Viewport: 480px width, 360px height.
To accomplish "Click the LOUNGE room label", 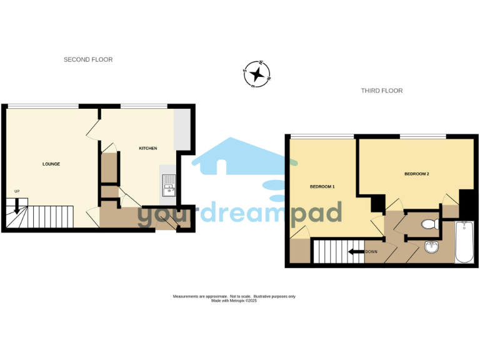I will pos(51,164).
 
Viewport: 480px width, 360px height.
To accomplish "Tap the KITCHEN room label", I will pos(147,148).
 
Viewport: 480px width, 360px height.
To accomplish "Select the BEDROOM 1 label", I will pos(323,187).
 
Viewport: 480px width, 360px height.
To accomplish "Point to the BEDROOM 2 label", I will pos(416,174).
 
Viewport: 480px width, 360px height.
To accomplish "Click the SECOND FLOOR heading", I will pos(88,60).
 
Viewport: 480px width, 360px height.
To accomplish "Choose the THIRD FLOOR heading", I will pos(382,91).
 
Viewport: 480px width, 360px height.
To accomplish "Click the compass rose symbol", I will pos(256,75).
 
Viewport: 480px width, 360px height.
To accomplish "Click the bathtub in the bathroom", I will pos(464,242).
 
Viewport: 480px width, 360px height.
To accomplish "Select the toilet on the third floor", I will pos(429,224).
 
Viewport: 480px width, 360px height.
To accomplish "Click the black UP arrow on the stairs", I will pos(17,205).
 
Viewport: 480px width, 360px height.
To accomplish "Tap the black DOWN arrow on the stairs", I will pos(357,252).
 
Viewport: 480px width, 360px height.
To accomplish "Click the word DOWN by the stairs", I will pos(371,252).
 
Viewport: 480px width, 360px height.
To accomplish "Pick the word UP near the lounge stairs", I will pos(17,191).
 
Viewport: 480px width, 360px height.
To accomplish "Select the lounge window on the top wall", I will pos(42,106).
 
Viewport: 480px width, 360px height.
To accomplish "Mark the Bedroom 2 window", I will pos(422,136).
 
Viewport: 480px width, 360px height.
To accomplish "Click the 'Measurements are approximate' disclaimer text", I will pos(234,296).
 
